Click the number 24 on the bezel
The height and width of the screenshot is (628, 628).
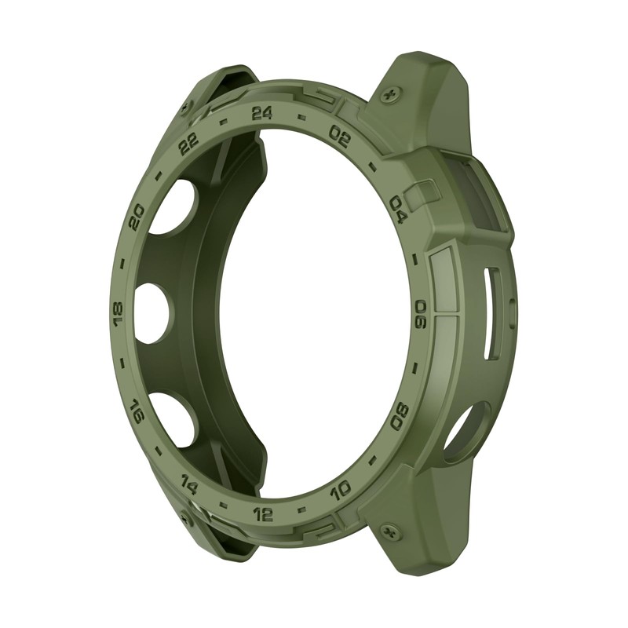click(x=262, y=113)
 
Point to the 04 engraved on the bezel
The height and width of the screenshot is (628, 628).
click(x=398, y=210)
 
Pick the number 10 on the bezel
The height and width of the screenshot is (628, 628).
click(x=341, y=491)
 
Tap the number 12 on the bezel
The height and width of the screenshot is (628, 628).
click(x=264, y=514)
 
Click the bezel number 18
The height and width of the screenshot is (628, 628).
click(x=119, y=314)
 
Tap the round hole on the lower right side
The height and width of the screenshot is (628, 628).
click(x=466, y=427)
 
